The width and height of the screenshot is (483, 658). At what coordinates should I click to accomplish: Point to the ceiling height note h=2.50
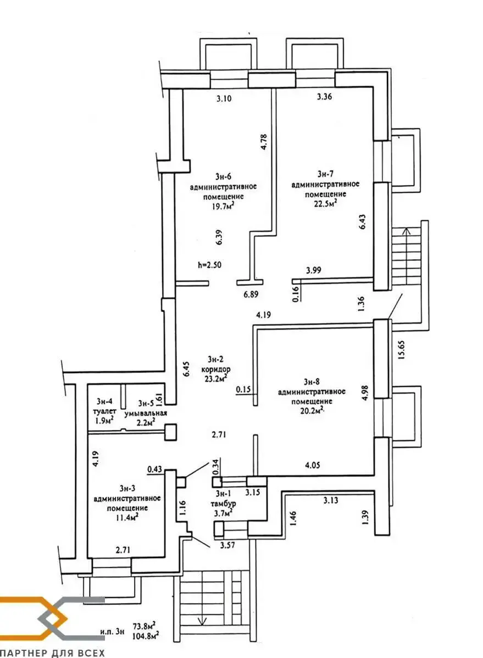point(210,265)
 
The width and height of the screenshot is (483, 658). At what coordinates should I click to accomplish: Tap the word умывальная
point(145,413)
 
